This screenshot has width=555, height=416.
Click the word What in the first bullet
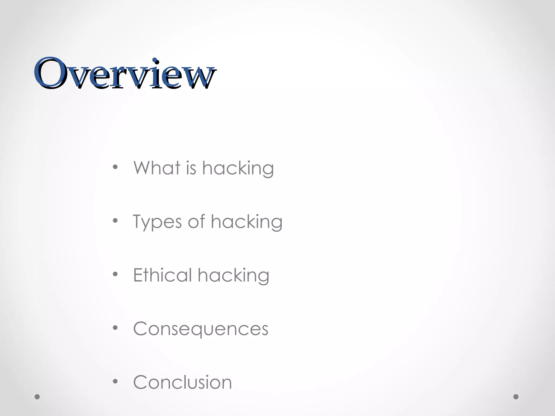tap(157, 168)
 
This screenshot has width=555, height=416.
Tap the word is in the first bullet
tap(191, 168)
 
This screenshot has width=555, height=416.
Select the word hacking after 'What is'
tap(238, 168)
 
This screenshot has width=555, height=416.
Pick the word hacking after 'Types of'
tap(247, 222)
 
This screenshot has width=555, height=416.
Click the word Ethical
tap(163, 275)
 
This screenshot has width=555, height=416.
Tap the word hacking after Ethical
tap(234, 276)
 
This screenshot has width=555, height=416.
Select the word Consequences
tap(201, 329)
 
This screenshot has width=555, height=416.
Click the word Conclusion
tap(182, 382)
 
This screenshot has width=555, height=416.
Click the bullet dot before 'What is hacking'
tap(115, 167)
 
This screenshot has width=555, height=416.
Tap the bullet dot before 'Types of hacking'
tap(115, 220)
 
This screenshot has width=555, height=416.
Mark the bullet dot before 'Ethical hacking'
tap(115, 274)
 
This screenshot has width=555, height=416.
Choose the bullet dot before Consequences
tap(115, 328)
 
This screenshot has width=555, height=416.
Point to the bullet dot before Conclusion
tap(115, 381)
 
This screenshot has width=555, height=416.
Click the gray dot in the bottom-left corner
tap(37, 397)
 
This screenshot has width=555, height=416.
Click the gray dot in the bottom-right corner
tap(516, 397)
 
